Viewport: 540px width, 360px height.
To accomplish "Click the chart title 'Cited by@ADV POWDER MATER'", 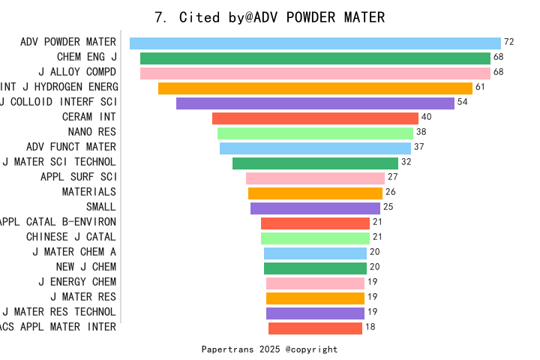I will pyautogui.click(x=269, y=17).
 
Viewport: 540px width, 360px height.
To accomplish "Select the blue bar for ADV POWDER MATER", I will pyautogui.click(x=315, y=43).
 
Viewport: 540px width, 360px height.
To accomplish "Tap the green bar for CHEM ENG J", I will pyautogui.click(x=315, y=58).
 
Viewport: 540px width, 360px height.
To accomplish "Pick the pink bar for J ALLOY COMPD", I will pyautogui.click(x=315, y=73).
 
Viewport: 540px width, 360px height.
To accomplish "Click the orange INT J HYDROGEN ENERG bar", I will pyautogui.click(x=315, y=88).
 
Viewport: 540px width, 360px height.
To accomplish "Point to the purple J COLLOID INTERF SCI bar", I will pyautogui.click(x=315, y=103).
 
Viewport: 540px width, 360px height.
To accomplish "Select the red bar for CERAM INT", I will pyautogui.click(x=315, y=118).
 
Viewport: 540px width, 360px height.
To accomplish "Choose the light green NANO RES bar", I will pyautogui.click(x=315, y=133).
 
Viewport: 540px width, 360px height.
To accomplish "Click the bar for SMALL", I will pyautogui.click(x=315, y=208).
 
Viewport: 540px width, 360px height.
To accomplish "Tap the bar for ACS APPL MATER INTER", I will pyautogui.click(x=315, y=328).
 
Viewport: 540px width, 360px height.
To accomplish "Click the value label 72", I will pyautogui.click(x=508, y=42).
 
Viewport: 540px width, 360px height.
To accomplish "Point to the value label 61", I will pyautogui.click(x=480, y=87).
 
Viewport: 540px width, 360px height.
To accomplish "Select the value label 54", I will pyautogui.click(x=462, y=102).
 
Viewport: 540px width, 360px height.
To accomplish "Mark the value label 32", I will pyautogui.click(x=406, y=162).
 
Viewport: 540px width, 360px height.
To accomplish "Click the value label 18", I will pyautogui.click(x=370, y=327).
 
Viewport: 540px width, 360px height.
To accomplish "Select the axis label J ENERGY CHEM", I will pyautogui.click(x=77, y=282).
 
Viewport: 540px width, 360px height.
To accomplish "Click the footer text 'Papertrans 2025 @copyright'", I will pyautogui.click(x=269, y=349).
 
